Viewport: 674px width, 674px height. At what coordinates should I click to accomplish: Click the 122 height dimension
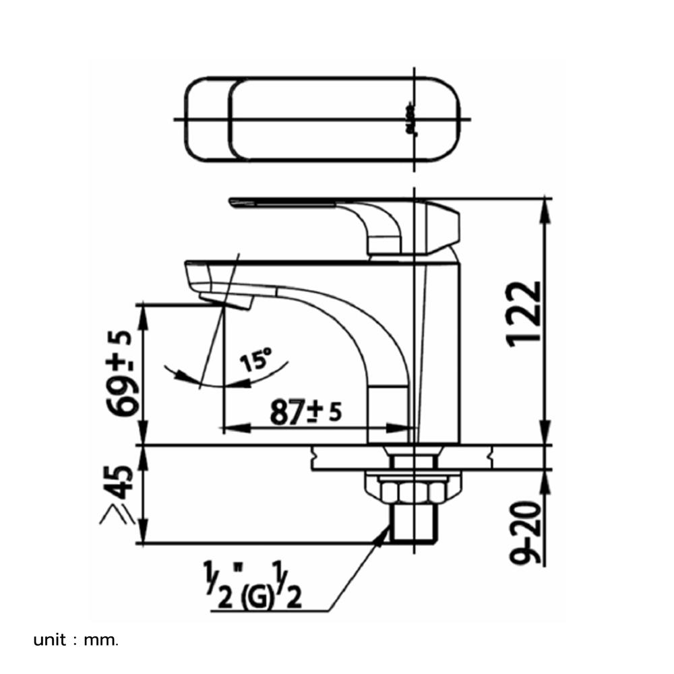coord(524,313)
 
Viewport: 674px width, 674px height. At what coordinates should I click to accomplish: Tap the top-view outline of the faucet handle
coord(324,120)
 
